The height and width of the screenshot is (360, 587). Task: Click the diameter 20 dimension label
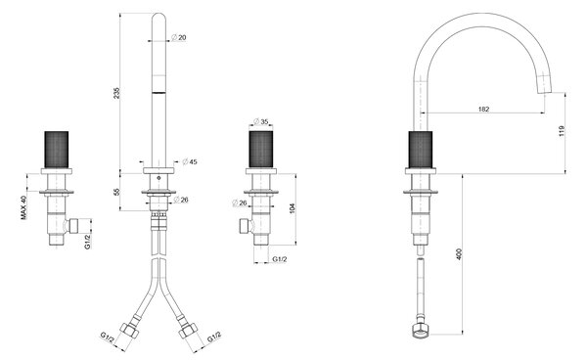click(x=179, y=37)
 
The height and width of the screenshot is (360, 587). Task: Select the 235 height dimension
click(x=116, y=93)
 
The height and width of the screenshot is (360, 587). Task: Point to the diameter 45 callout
click(x=190, y=161)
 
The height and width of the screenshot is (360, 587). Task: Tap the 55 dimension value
click(x=116, y=192)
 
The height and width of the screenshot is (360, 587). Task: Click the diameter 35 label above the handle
click(x=261, y=121)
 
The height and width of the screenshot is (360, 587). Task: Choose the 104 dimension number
click(x=293, y=208)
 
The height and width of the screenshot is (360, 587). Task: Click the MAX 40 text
click(x=24, y=207)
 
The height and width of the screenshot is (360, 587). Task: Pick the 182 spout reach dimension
click(x=483, y=110)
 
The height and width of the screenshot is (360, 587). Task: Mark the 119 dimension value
click(x=562, y=131)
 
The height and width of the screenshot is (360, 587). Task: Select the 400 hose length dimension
click(x=460, y=254)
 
